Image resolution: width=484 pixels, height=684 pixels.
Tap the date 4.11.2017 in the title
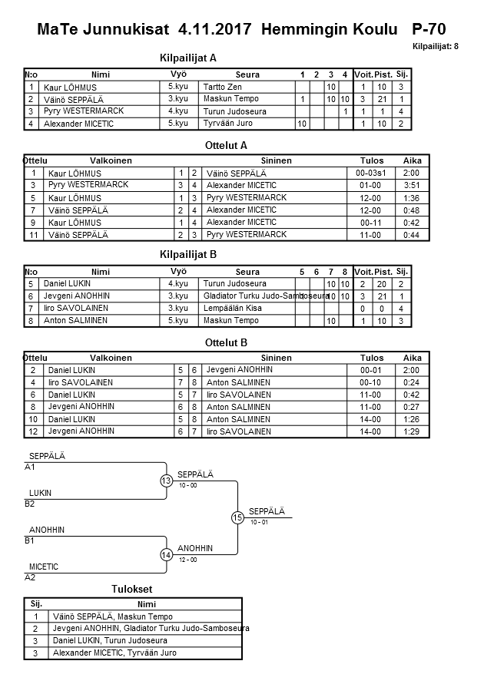(x=216, y=29)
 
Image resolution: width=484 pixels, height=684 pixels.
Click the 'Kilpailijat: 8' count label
(x=435, y=47)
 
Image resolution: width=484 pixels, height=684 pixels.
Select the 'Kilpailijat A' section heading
(x=188, y=58)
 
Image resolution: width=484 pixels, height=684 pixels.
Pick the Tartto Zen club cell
(x=222, y=87)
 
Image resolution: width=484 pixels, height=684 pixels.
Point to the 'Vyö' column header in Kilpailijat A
(x=178, y=74)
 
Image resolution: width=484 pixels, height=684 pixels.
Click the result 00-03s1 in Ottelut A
(x=371, y=173)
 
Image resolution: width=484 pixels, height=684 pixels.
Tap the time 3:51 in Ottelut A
(x=413, y=185)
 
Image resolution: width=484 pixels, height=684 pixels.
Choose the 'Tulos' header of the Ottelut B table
(x=372, y=358)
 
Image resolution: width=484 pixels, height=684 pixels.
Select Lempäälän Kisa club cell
(x=233, y=308)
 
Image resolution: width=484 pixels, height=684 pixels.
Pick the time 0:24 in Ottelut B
(x=413, y=382)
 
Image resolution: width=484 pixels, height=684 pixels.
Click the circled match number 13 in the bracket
(x=166, y=481)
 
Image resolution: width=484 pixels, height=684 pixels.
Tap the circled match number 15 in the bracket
(x=237, y=518)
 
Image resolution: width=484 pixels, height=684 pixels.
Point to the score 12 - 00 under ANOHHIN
(x=188, y=560)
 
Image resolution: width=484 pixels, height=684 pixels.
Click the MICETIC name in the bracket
(x=44, y=567)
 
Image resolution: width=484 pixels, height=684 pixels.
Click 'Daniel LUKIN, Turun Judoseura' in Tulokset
(x=110, y=640)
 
